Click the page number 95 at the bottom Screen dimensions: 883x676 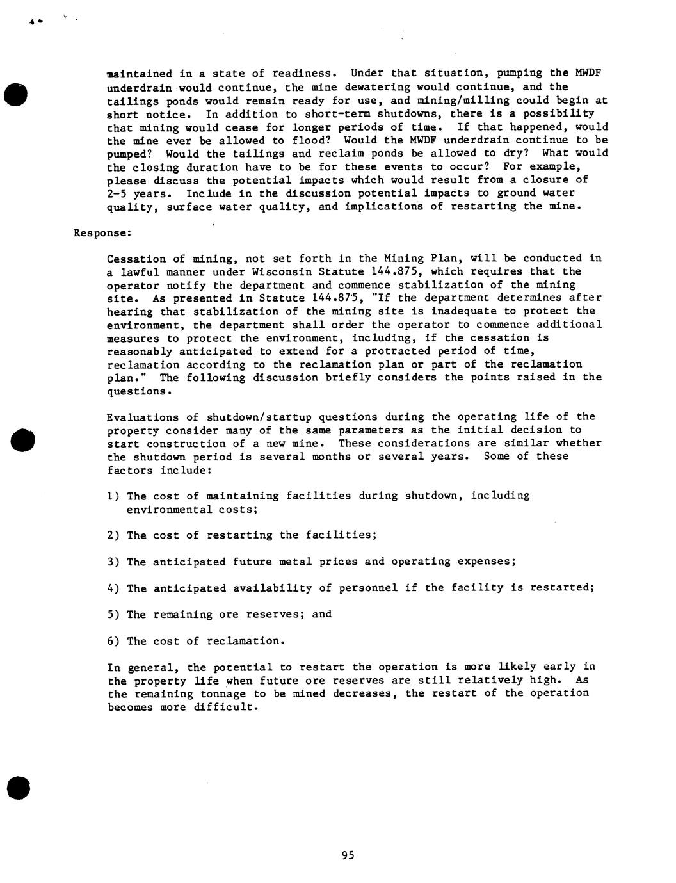coord(348,855)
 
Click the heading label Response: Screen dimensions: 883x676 coord(102,233)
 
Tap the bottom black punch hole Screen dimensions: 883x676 coord(18,786)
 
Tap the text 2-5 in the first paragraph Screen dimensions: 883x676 coord(117,193)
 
